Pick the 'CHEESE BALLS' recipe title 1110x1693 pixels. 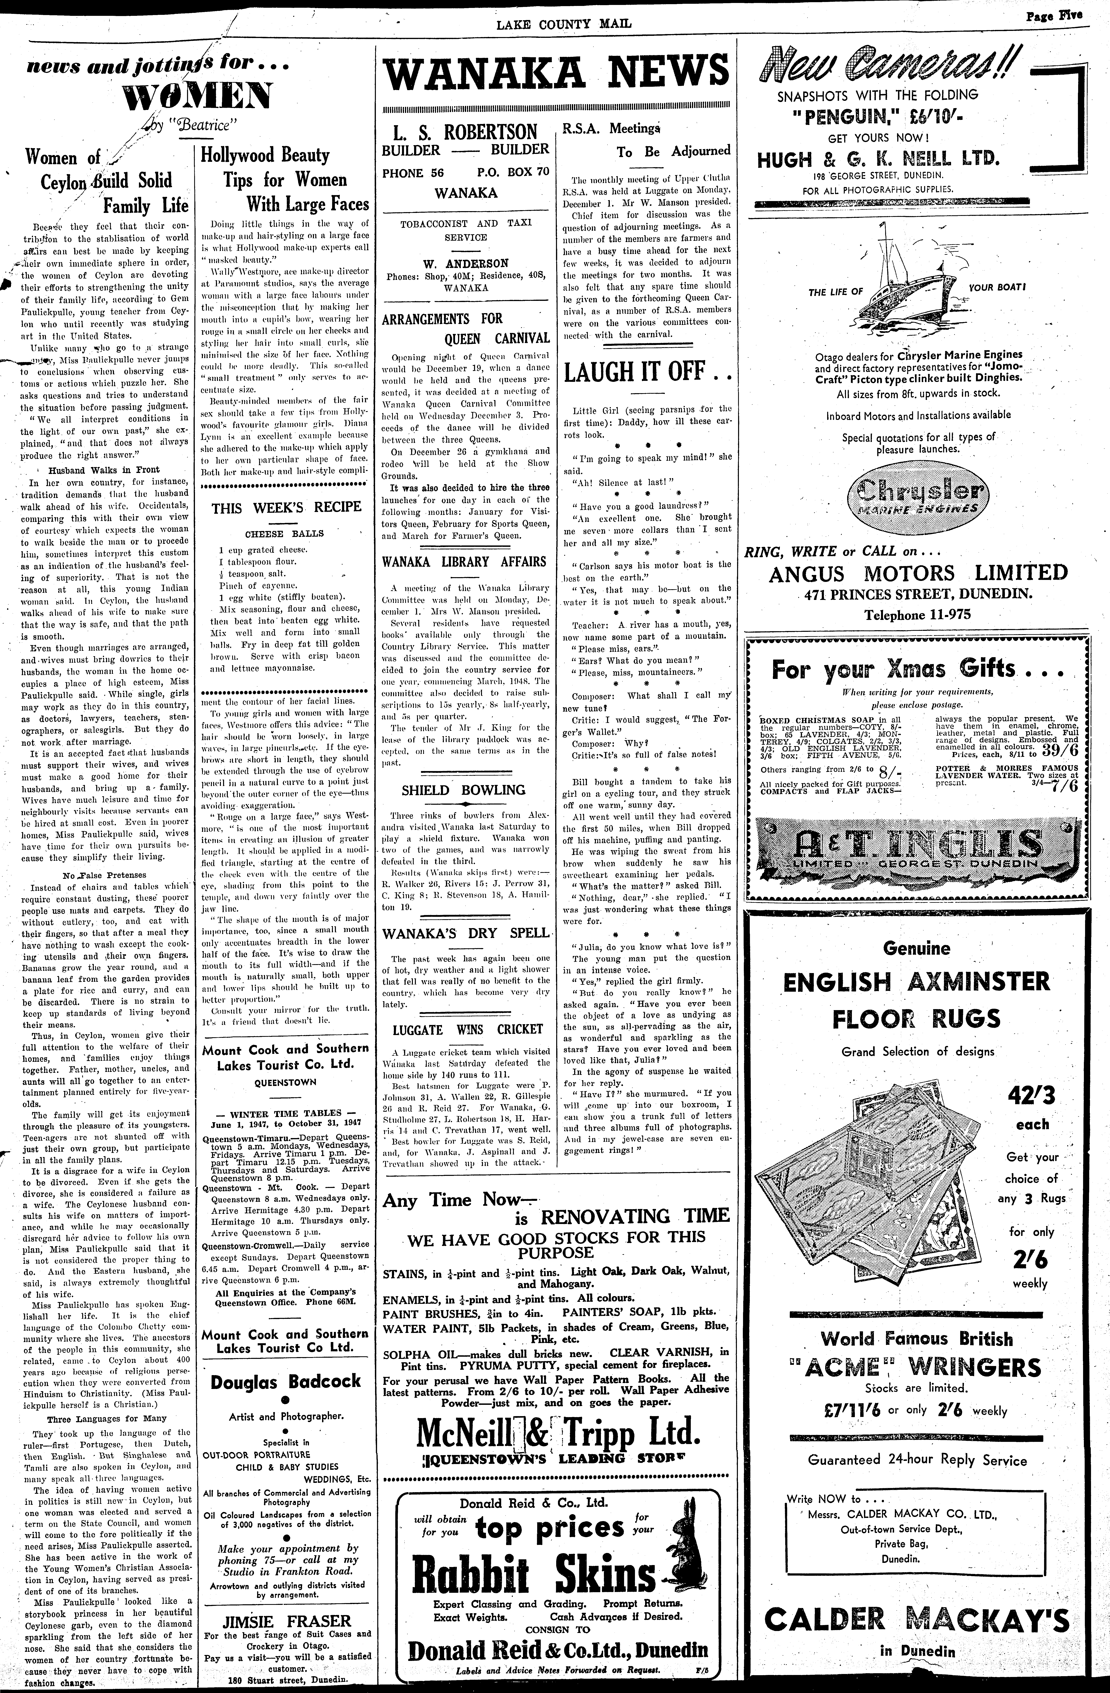point(284,534)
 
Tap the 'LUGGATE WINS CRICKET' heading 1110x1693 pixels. point(468,1029)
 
